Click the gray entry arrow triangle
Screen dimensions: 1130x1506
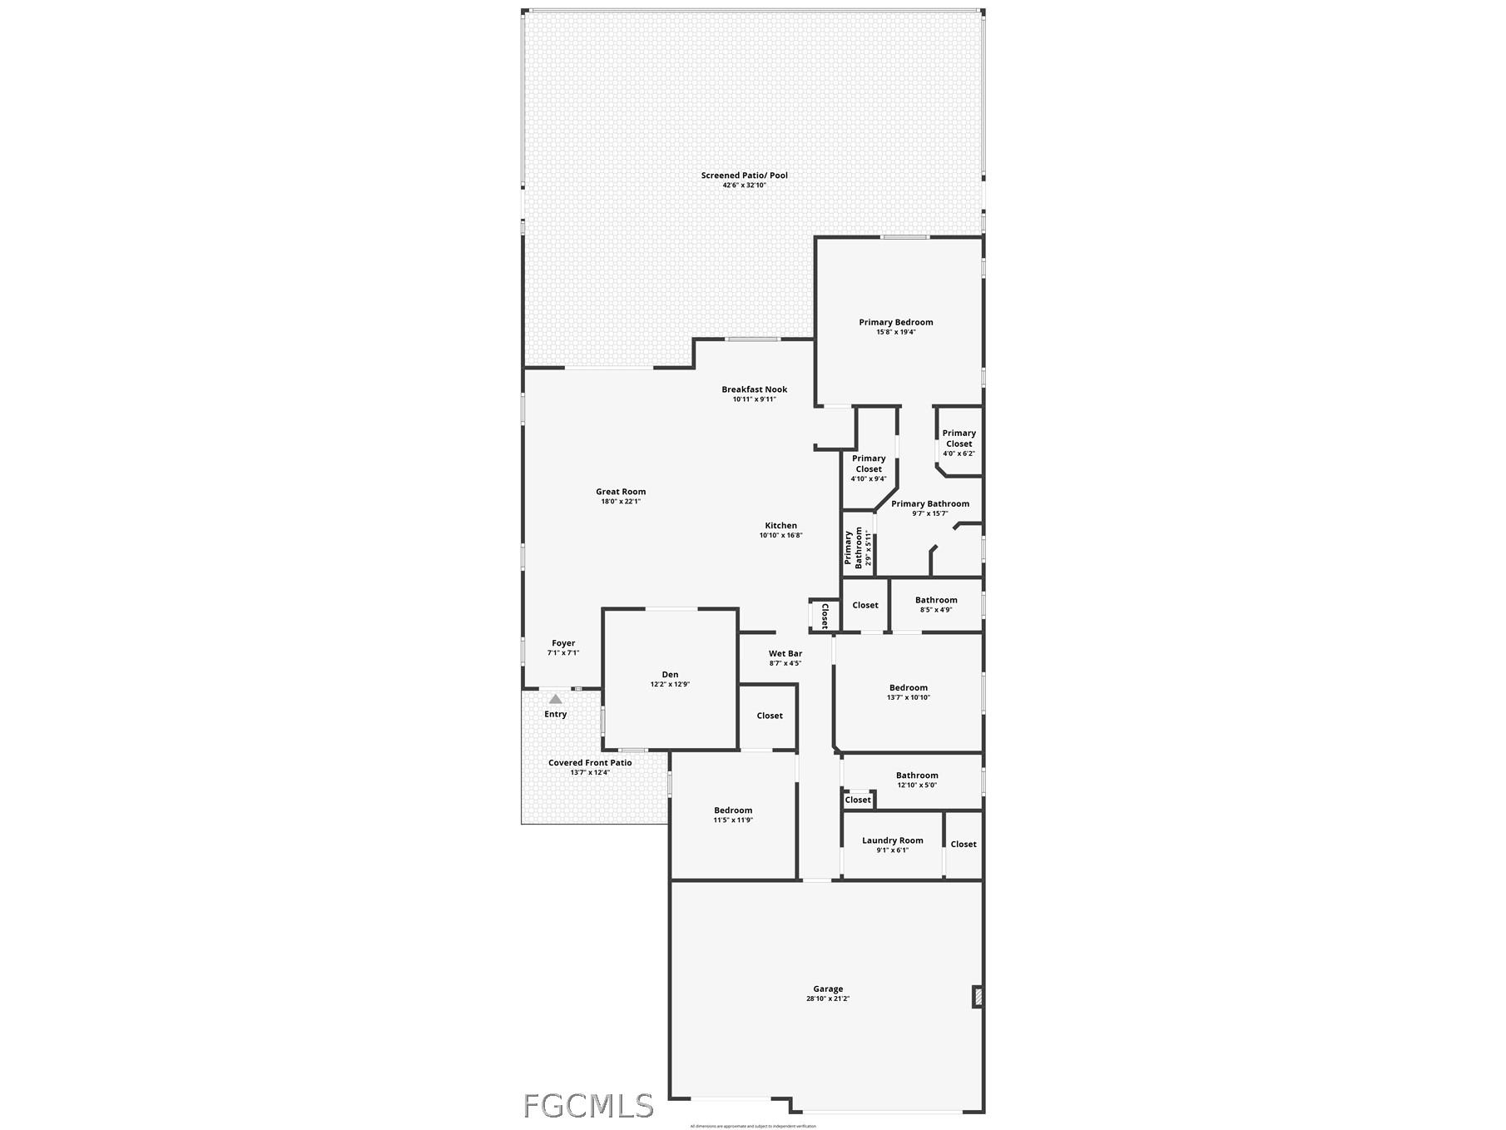[555, 699]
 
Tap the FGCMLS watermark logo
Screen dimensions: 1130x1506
[588, 1106]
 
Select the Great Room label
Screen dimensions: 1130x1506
[621, 492]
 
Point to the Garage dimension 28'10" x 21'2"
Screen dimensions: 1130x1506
[828, 999]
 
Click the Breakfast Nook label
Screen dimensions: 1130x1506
[754, 389]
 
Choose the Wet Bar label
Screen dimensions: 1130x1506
[785, 654]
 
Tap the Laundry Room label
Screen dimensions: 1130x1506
[892, 840]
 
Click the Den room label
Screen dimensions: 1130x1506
[670, 675]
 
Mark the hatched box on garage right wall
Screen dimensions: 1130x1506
[978, 997]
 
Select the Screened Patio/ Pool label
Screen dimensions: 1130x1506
[744, 176]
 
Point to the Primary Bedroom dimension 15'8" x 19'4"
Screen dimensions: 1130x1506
[896, 332]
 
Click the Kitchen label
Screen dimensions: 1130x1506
[780, 526]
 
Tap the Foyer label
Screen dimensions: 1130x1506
[563, 643]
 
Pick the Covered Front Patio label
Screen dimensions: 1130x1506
[590, 763]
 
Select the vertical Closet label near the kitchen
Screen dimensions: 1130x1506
[825, 616]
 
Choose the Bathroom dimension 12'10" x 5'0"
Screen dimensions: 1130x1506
[917, 785]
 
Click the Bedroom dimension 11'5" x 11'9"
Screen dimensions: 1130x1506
[733, 820]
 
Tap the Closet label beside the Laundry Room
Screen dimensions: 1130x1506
[964, 845]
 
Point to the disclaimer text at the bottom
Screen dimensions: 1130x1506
[753, 1126]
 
